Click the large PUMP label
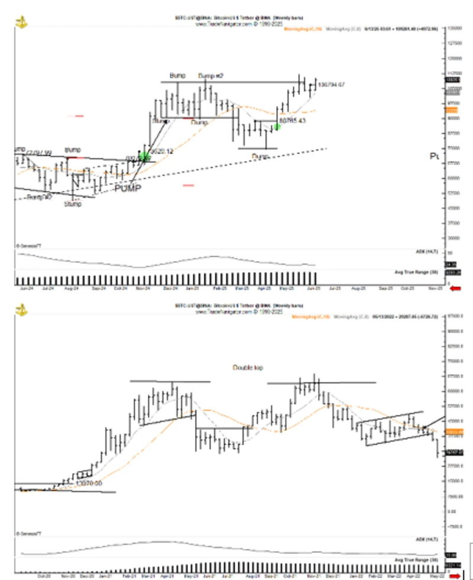pos(128,188)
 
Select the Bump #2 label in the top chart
pos(210,76)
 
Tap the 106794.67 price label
pos(331,85)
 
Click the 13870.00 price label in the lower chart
pos(89,483)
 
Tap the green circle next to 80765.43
pos(277,127)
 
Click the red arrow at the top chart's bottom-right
pos(455,288)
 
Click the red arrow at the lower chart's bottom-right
pos(455,575)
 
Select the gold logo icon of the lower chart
pos(21,310)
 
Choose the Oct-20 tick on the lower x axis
pos(43,575)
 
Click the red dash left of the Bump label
pos(79,116)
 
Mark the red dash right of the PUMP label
pos(189,185)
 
